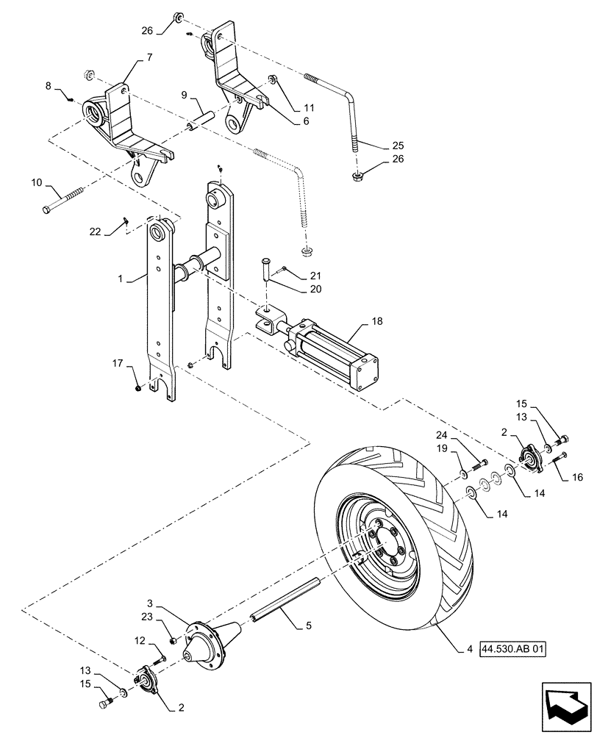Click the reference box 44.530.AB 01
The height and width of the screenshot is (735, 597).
[x=513, y=650]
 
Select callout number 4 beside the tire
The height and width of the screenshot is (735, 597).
[x=468, y=650]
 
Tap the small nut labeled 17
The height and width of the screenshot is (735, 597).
[x=138, y=387]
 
